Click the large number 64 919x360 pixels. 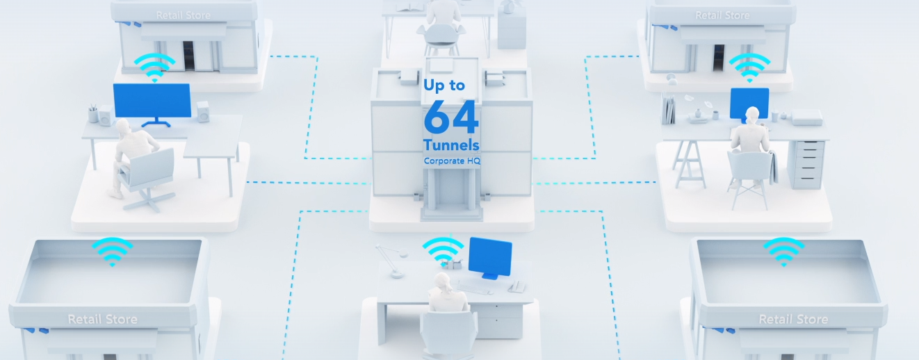tap(451, 117)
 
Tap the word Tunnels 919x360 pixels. tap(451, 145)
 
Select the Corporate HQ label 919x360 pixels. tap(452, 161)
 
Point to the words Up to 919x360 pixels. tap(444, 85)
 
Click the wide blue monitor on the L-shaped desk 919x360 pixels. tap(152, 102)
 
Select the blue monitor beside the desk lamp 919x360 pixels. tap(490, 259)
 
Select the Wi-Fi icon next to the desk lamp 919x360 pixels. tap(443, 250)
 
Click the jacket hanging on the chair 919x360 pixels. tap(773, 166)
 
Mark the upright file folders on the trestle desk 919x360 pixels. tap(668, 109)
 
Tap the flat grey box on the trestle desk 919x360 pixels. tap(806, 117)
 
